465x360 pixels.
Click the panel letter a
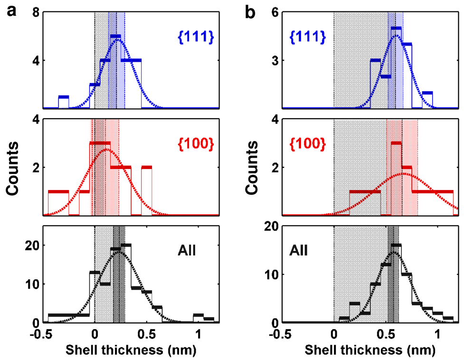tap(11, 10)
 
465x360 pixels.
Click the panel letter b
tap(250, 11)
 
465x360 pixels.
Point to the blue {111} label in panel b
tap(305, 37)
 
